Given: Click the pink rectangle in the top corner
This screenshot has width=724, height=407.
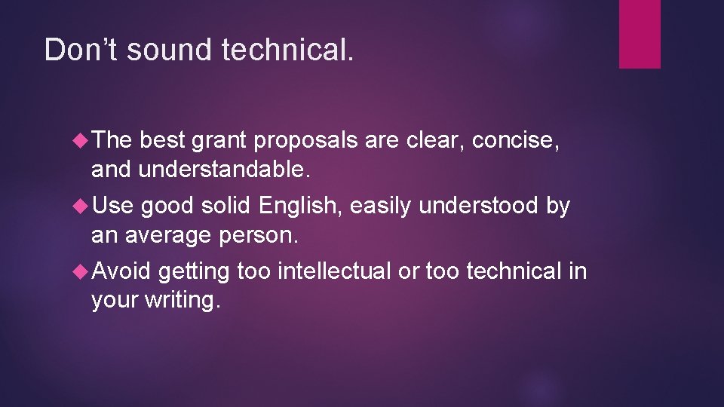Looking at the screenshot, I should click(x=640, y=34).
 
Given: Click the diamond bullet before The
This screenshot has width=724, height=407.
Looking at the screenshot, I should click(x=82, y=140).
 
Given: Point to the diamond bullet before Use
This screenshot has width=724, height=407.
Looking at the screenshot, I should click(x=82, y=206).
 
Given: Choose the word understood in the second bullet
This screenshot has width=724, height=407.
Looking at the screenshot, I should click(x=477, y=206).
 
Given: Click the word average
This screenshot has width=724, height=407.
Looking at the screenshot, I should click(x=166, y=236).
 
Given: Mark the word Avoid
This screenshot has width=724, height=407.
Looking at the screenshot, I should click(x=122, y=271).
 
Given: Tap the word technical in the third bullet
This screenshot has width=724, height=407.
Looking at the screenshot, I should click(x=514, y=271).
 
